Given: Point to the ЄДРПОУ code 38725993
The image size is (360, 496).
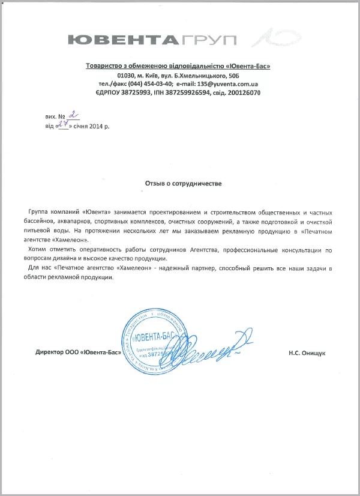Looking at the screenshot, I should point(132,93).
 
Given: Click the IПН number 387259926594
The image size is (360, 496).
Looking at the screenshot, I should point(185,93).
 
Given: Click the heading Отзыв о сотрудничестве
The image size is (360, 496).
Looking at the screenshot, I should point(183,183).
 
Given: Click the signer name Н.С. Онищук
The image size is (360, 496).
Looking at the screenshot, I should point(307,354).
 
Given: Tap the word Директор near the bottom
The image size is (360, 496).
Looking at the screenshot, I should point(50,354).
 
